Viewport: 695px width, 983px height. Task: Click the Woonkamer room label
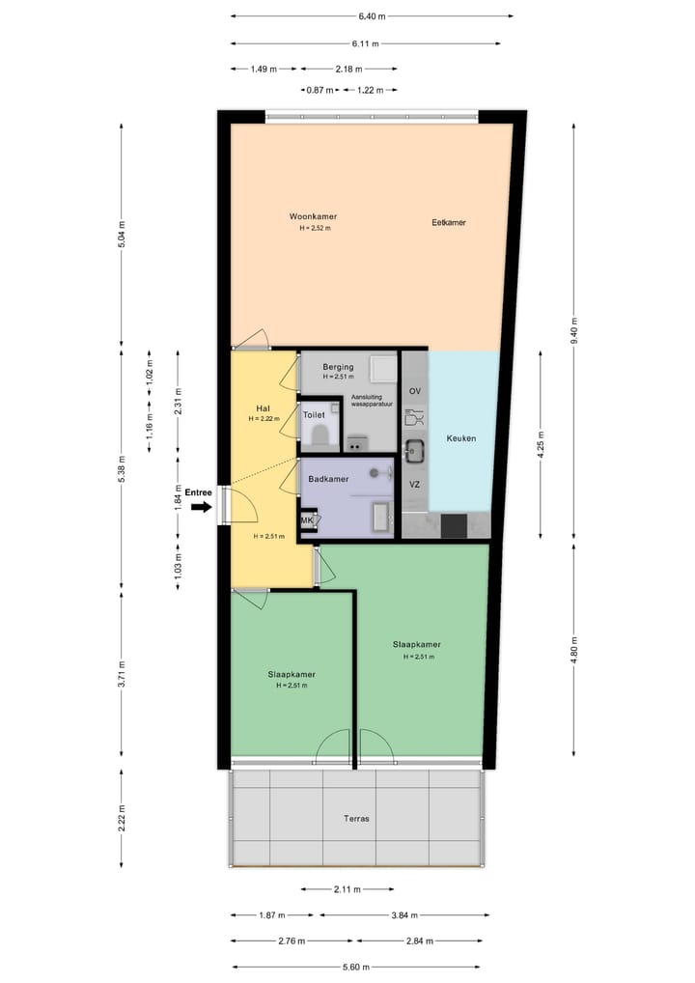pos(313,216)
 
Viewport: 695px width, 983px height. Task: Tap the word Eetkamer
pos(449,222)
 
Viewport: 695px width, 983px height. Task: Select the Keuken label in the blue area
pos(461,438)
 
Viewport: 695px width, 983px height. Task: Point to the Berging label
pos(338,367)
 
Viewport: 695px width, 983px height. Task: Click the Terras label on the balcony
pos(356,818)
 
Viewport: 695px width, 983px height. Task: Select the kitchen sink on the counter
pos(415,450)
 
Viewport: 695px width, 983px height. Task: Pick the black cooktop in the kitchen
pos(454,526)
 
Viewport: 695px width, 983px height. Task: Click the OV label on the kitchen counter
pos(415,391)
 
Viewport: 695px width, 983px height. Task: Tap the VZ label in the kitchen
pos(414,484)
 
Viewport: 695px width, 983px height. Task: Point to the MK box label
pos(308,521)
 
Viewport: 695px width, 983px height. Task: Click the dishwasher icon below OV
pos(415,418)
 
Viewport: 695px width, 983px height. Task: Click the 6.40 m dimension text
pos(372,16)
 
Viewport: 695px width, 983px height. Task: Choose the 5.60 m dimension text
pos(356,967)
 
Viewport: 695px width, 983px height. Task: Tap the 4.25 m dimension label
pos(542,446)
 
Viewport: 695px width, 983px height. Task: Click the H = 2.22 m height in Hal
pos(263,419)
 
